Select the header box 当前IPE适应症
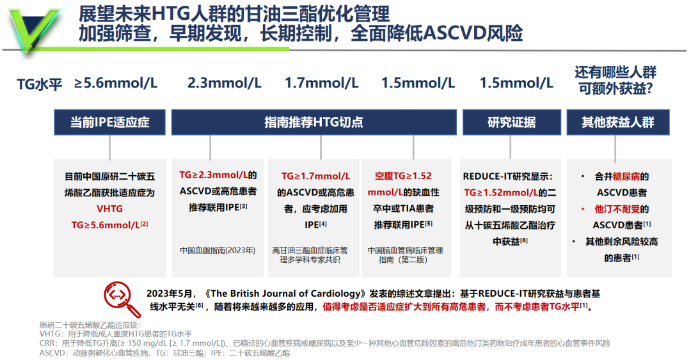click(110, 122)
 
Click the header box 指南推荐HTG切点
click(314, 122)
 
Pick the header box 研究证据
click(512, 122)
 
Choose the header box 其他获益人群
click(618, 122)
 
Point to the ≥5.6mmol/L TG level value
click(115, 83)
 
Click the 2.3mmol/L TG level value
click(225, 83)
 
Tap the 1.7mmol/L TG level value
click(322, 83)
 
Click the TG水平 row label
click(40, 84)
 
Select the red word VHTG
click(110, 209)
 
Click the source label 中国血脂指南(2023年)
click(218, 250)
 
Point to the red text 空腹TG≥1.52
click(403, 176)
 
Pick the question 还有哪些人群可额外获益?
click(616, 80)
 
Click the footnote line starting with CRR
click(325, 343)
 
